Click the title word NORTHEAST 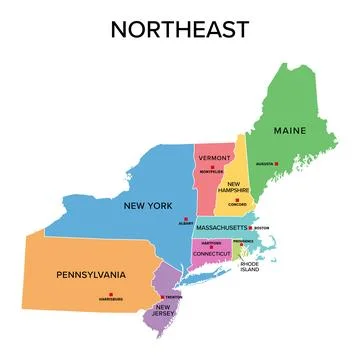pos(179,30)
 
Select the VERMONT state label pos(215,159)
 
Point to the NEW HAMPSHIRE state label pos(236,190)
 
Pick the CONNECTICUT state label pos(213,254)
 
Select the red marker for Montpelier pos(215,168)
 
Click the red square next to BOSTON pos(251,228)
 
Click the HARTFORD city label pos(210,243)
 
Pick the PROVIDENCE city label pos(244,242)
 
